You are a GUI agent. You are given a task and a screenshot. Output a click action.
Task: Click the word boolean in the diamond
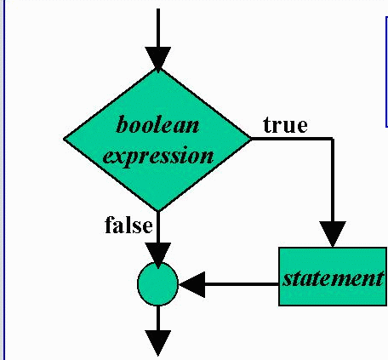tap(157, 124)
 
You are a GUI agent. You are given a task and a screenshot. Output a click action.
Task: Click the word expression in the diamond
tap(158, 156)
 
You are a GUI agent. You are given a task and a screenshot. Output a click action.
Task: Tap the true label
tap(285, 125)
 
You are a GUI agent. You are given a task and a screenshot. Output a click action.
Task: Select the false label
tap(128, 226)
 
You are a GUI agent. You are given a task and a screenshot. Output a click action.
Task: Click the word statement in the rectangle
tap(334, 278)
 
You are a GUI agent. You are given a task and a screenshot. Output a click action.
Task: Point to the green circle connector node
tap(157, 283)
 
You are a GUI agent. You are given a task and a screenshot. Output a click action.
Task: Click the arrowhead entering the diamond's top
tap(158, 59)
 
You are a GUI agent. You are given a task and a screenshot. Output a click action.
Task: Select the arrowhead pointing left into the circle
tap(192, 284)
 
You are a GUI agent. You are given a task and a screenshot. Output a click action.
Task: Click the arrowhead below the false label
tap(158, 254)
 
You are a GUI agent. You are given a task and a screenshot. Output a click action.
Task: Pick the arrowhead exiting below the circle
tap(158, 343)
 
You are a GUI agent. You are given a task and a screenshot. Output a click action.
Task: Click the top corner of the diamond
tap(158, 69)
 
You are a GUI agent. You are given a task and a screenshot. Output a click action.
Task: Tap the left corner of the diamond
tap(64, 139)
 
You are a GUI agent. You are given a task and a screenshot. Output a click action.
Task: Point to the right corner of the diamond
tap(251, 139)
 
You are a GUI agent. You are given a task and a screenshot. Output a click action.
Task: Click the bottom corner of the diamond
tap(158, 211)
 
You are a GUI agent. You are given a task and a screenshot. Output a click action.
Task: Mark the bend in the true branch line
tap(333, 139)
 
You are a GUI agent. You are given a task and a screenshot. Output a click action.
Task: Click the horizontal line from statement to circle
tap(242, 284)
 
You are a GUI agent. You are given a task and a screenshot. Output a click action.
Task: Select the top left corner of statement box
tap(279, 248)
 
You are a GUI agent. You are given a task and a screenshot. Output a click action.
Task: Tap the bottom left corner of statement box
tap(279, 306)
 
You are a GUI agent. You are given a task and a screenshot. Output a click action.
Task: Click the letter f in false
tap(109, 225)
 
